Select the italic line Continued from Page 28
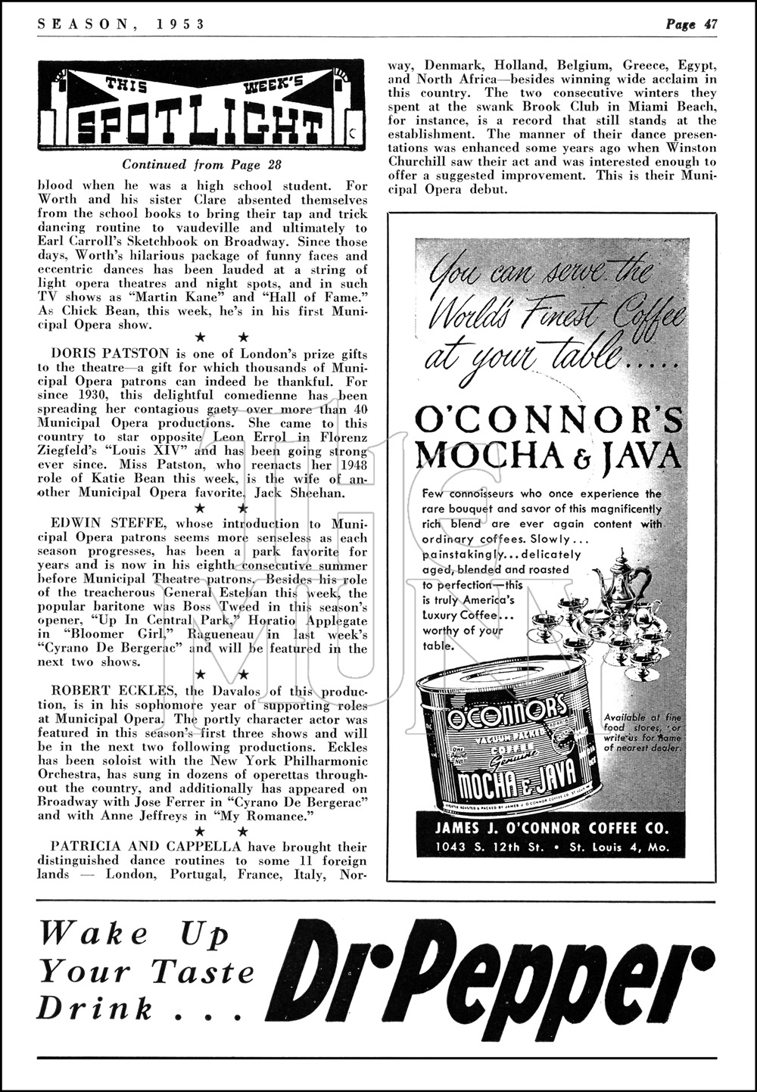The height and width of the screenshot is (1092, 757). tap(192, 163)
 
